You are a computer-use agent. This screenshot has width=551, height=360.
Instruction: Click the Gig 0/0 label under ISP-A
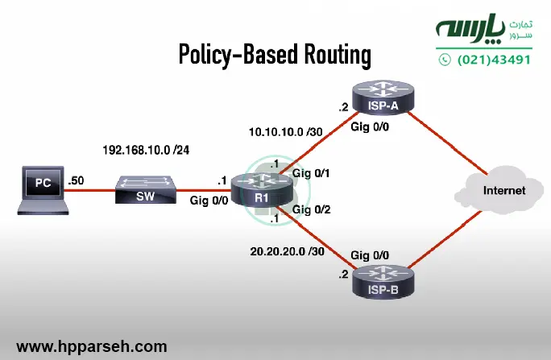(370, 127)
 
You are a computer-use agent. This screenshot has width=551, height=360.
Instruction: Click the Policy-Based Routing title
(275, 55)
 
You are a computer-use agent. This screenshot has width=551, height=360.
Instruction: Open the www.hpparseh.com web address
(92, 346)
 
